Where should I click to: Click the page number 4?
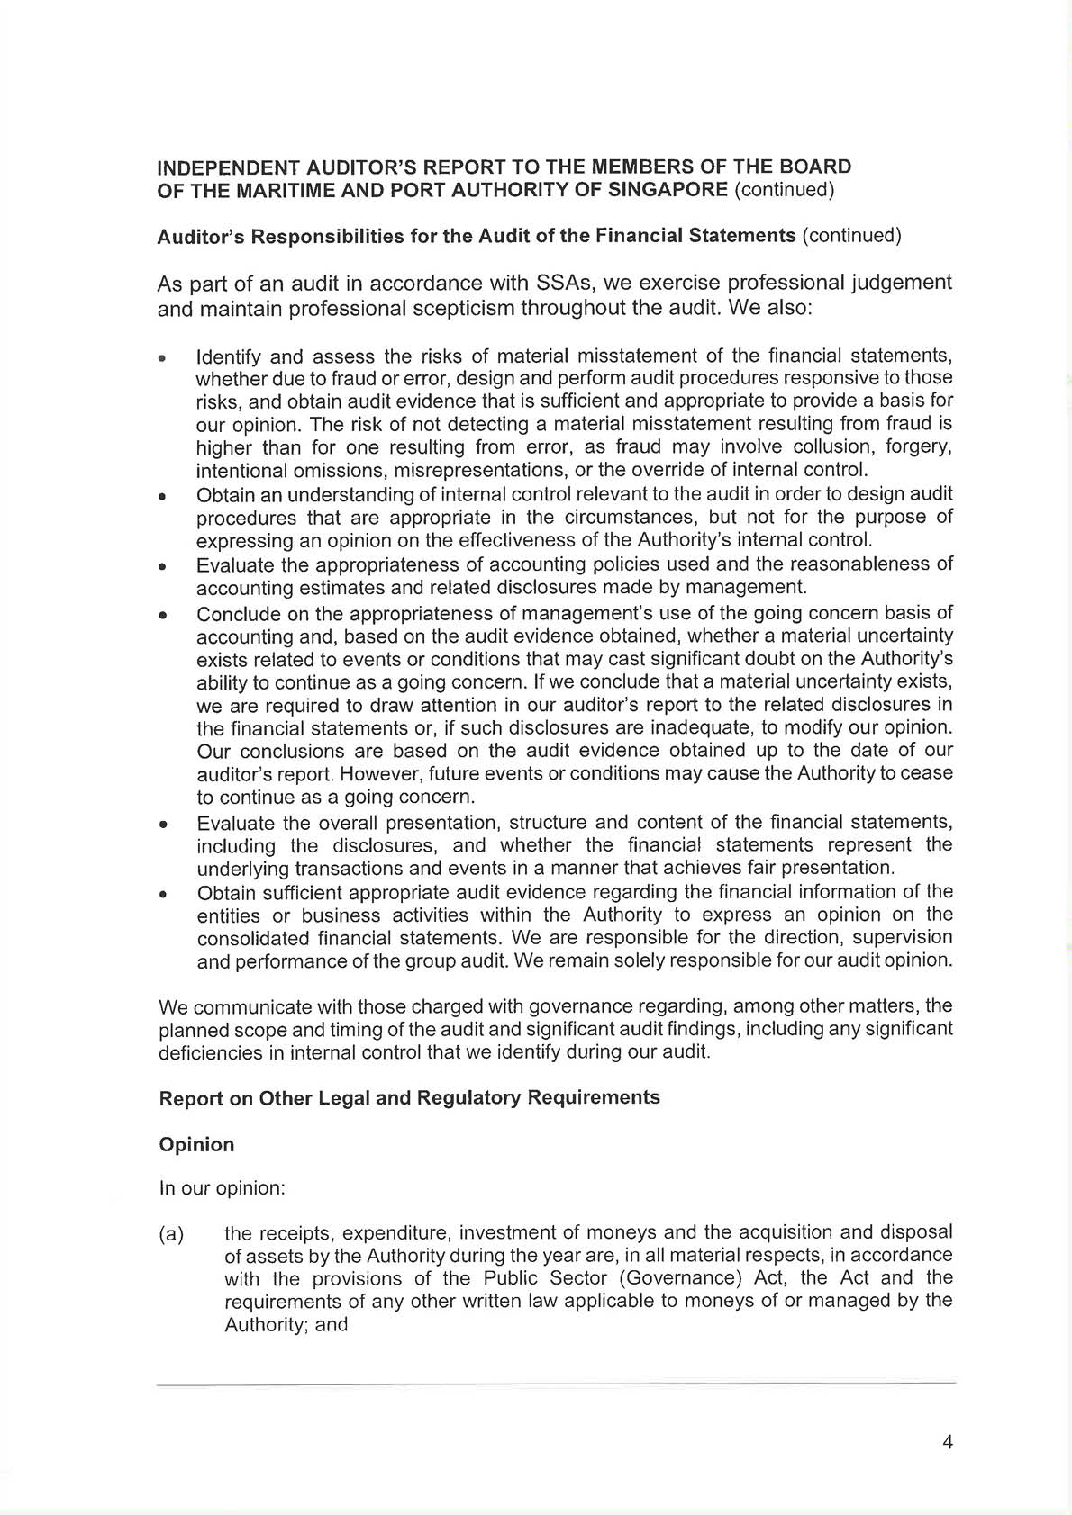point(947,1442)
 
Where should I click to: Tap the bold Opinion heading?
point(196,1144)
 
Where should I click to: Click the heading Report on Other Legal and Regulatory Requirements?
point(409,1098)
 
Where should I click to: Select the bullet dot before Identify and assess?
point(162,359)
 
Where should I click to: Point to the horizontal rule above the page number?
point(556,1383)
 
